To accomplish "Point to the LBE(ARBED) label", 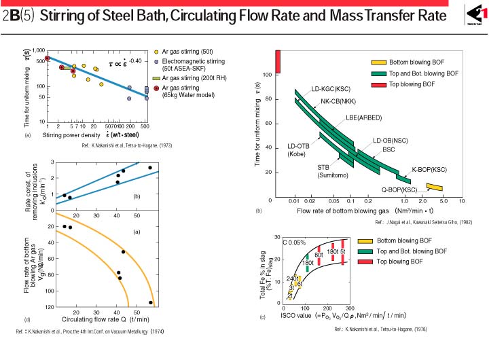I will [x=361, y=117].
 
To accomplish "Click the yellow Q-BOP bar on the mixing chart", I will [x=435, y=187].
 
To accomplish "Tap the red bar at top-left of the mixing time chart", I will [x=277, y=62].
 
